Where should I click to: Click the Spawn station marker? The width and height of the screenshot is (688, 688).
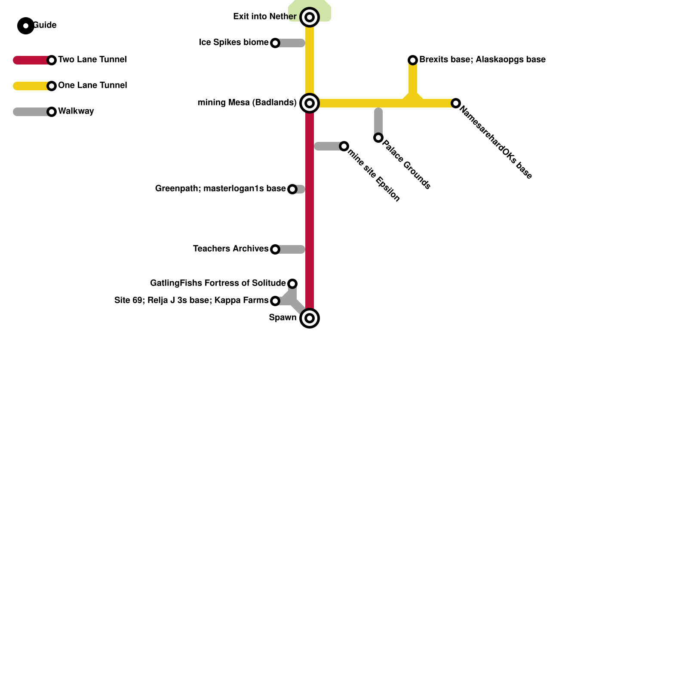310,318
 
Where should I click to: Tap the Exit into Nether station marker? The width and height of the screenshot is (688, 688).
310,17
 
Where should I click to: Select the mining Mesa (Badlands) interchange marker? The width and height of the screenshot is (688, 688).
310,103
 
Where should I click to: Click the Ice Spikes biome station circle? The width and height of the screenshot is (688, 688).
275,43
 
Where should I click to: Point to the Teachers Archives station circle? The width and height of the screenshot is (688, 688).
275,249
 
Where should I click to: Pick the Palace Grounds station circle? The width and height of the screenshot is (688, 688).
378,138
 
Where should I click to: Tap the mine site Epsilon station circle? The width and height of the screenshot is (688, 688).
344,146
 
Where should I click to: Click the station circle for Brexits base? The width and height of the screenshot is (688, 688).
413,60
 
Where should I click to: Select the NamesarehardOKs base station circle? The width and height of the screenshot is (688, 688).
456,103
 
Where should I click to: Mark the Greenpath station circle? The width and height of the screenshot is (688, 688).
292,189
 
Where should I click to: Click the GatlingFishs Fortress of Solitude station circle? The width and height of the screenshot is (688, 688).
292,284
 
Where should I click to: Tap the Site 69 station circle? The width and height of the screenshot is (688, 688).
275,301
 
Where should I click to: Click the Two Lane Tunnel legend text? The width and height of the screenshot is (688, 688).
92,60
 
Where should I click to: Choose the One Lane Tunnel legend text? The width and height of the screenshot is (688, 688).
92,86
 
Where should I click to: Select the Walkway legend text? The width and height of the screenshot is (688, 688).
76,111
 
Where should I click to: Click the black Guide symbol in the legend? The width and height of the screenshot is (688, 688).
26,26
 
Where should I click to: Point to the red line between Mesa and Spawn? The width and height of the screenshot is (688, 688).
310,215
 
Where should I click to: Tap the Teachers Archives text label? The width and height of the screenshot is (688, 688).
230,249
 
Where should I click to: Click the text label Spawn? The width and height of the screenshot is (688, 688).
283,318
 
